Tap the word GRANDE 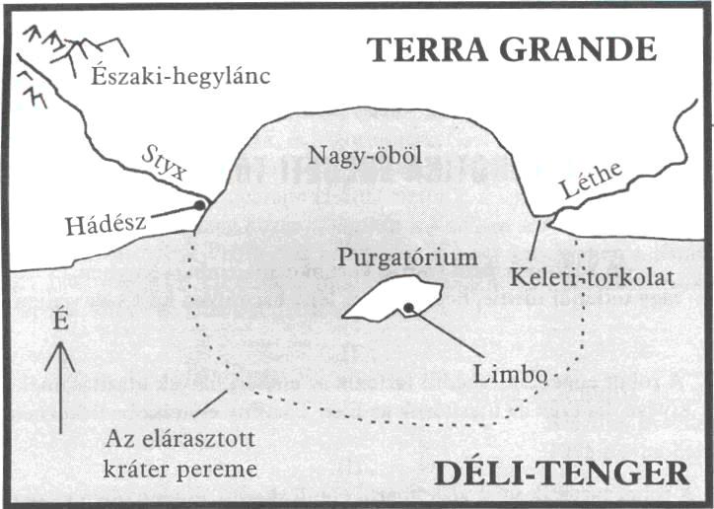click(578, 49)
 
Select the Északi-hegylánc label click(180, 77)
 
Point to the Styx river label click(165, 164)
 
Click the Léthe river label click(591, 180)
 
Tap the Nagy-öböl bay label click(365, 156)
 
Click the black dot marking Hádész click(199, 205)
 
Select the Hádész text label click(106, 225)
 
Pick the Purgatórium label click(407, 258)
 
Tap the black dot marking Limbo click(408, 308)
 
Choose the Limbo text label click(509, 375)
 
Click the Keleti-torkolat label click(592, 276)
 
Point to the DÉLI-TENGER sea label click(562, 473)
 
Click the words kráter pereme click(180, 470)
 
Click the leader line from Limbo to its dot click(446, 332)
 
